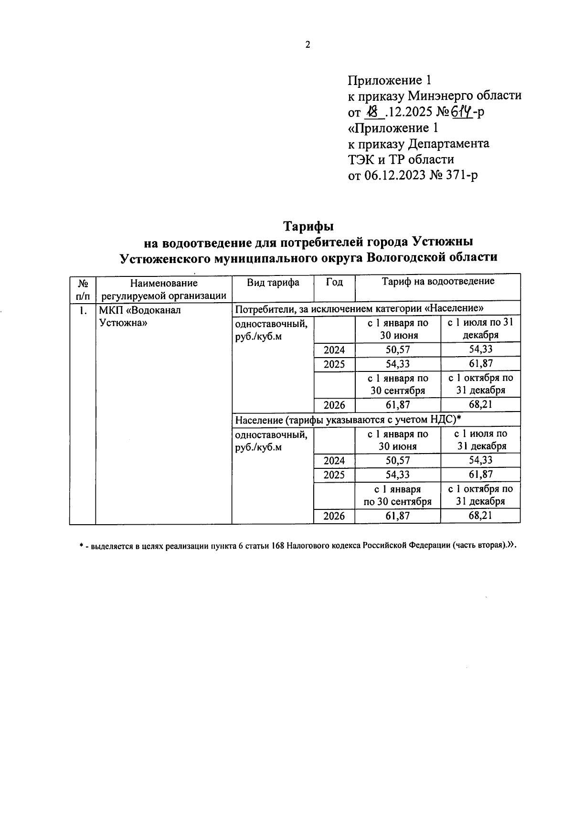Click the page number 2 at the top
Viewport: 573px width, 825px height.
(308, 45)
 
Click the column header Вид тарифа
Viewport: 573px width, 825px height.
(273, 282)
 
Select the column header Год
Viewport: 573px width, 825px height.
(334, 282)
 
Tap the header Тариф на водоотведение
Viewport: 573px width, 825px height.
(437, 281)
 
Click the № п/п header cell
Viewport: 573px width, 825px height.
(82, 288)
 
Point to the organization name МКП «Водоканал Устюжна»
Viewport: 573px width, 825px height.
(140, 316)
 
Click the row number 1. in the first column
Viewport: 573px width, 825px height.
(83, 310)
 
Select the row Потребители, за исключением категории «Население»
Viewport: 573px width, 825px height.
(361, 308)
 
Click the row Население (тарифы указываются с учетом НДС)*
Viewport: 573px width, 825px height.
(349, 420)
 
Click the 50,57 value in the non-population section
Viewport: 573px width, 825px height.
(398, 350)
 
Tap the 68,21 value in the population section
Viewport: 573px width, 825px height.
(480, 516)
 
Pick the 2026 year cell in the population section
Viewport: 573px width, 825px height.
(334, 516)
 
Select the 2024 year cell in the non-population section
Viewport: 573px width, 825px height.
(334, 350)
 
